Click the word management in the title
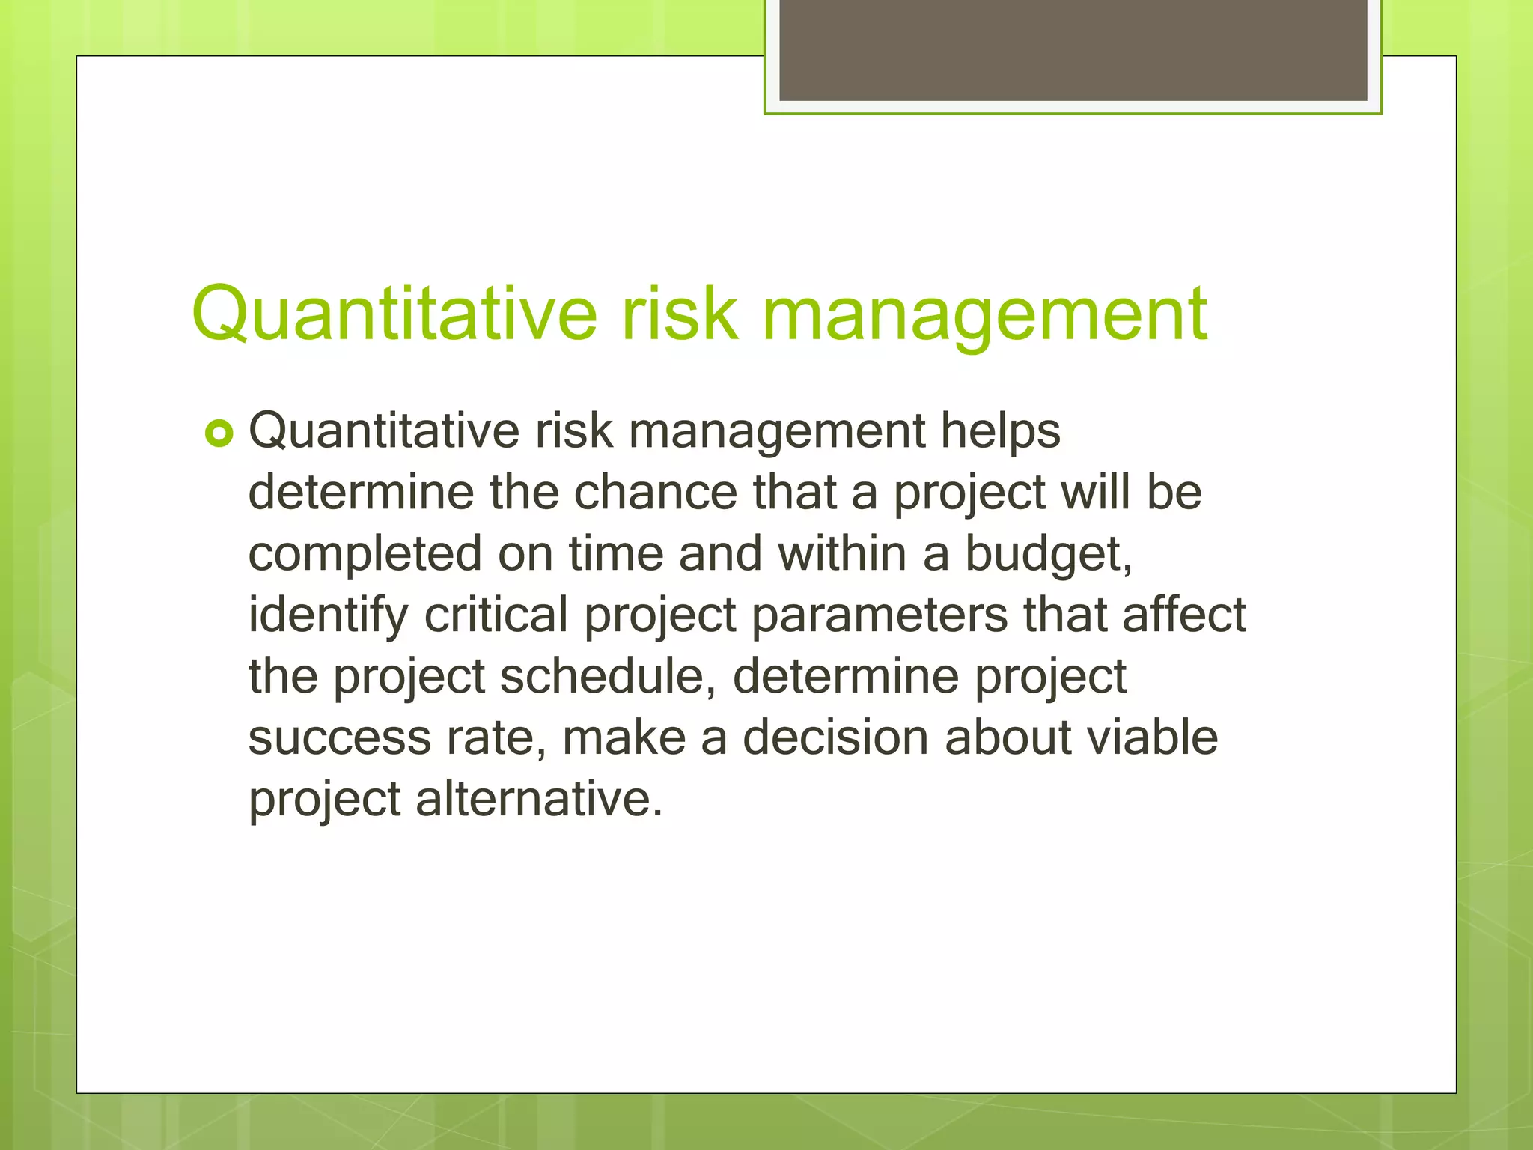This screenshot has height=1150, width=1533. pos(984,314)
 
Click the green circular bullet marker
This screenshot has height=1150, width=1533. pos(219,433)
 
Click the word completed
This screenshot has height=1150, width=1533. pos(365,555)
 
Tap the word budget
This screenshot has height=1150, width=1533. pos(1046,555)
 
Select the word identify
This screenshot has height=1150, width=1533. pos(328,616)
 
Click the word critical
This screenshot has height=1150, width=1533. pos(496,616)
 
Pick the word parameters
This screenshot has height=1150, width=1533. pos(880,616)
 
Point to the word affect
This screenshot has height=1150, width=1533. pos(1183,616)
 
